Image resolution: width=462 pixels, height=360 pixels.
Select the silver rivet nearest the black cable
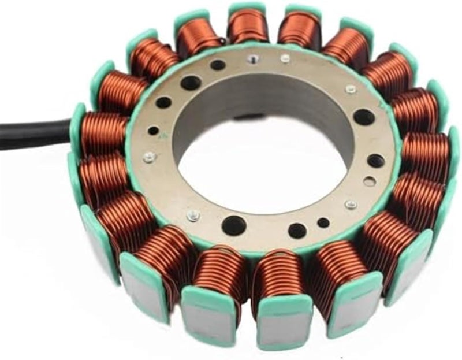point(148,157)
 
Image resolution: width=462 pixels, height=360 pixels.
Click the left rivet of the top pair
point(252,58)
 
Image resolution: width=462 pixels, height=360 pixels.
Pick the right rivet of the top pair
point(285,58)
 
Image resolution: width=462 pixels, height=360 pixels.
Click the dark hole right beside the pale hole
point(376,161)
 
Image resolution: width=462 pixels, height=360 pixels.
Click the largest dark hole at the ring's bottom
point(233,225)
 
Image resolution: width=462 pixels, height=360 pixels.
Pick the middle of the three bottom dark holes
point(297,229)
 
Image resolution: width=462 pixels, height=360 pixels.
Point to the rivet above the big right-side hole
point(351,89)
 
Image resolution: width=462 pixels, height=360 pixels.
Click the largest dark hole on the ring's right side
point(364,117)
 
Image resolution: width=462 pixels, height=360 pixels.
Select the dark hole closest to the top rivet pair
point(218,65)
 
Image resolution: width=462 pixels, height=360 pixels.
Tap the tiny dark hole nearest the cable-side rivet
point(153,131)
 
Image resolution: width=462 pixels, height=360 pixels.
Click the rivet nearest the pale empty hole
point(351,205)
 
